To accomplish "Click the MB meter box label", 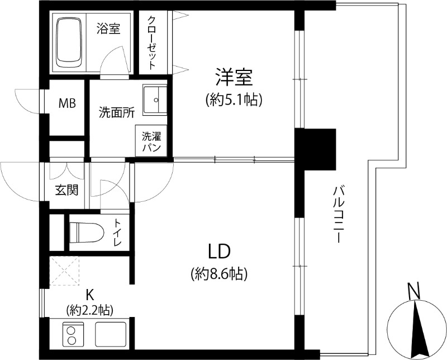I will (x=68, y=103).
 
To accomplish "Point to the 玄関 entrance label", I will (x=66, y=190).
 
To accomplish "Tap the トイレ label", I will (x=118, y=233).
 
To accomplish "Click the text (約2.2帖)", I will (x=89, y=310).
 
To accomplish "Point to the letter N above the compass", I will (x=413, y=291).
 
